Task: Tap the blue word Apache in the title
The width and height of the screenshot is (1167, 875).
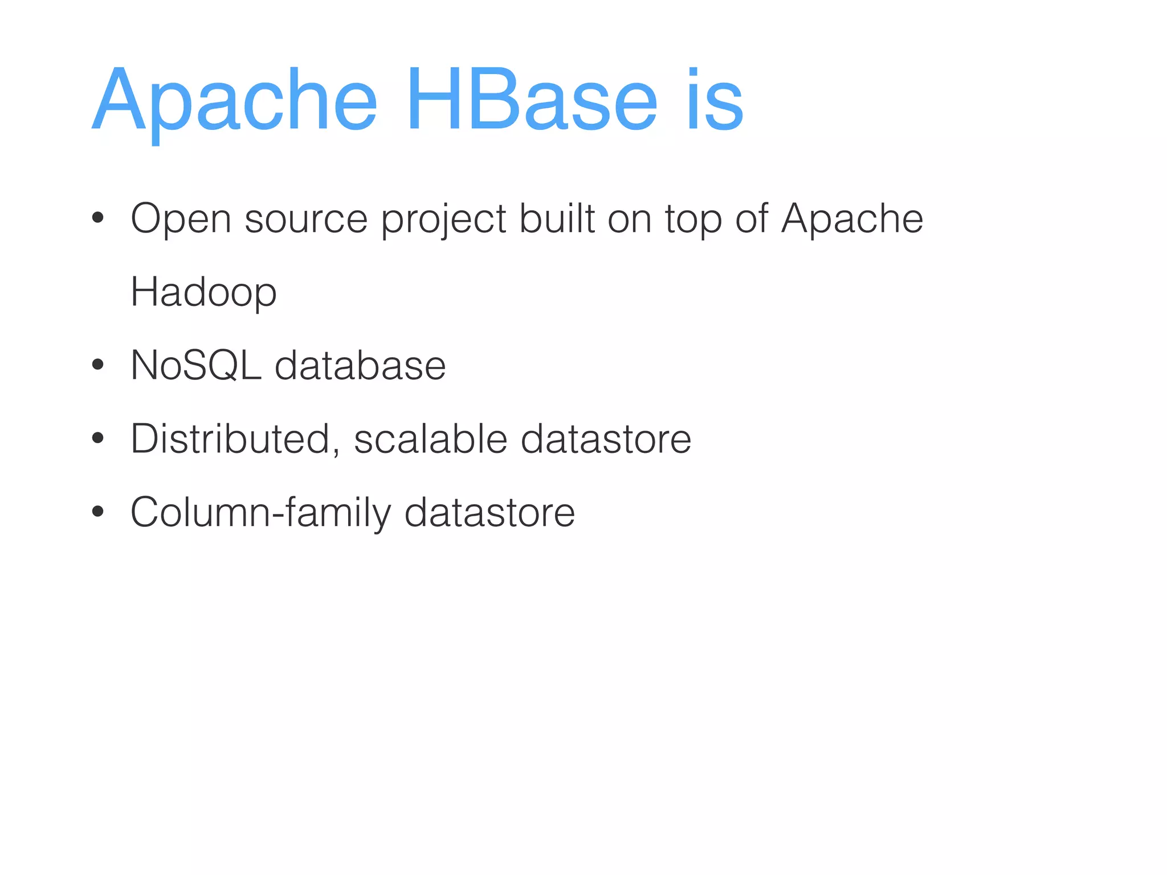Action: point(234,101)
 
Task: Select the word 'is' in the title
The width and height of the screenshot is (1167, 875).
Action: point(715,100)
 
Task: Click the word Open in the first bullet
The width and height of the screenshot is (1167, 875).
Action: point(181,219)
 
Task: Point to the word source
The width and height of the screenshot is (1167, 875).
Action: point(306,219)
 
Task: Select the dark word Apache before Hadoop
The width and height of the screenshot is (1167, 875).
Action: point(852,219)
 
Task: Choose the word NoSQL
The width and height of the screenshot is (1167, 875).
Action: point(196,365)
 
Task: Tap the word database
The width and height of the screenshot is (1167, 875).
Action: point(360,365)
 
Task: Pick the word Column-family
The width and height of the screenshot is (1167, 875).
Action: point(261,513)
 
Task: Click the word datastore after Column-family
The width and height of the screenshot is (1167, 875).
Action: point(489,512)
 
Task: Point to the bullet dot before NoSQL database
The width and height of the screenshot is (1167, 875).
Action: point(98,365)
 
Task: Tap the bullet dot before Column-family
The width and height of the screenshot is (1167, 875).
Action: point(98,512)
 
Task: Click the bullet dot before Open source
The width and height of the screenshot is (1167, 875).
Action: point(98,218)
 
